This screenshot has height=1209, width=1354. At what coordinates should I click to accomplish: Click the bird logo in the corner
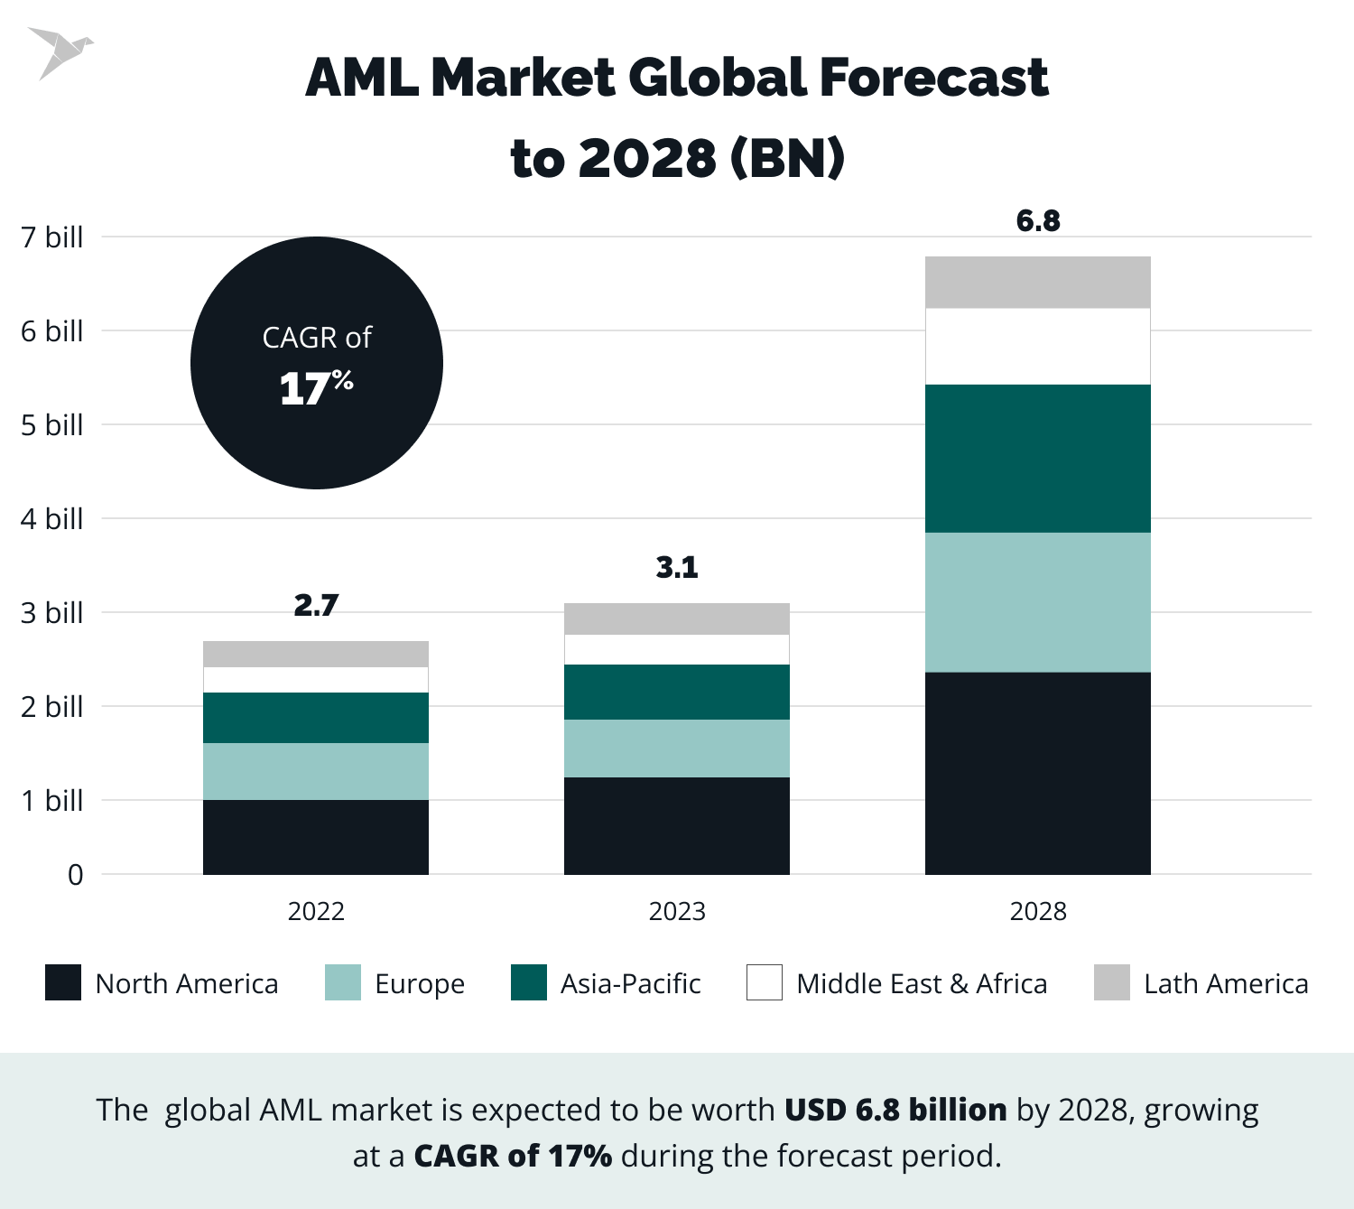coord(59,52)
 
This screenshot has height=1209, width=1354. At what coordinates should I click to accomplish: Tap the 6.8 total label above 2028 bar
coord(1038,220)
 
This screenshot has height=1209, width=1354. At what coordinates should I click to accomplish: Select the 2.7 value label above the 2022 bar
coord(316,605)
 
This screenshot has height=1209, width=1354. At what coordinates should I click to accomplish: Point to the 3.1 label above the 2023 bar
coord(677,567)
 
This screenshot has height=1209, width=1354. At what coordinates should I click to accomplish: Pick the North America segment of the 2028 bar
coord(1038,773)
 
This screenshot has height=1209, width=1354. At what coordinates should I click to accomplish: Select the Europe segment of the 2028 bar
coord(1038,602)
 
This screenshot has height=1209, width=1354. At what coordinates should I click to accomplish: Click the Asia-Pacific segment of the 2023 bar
coord(677,692)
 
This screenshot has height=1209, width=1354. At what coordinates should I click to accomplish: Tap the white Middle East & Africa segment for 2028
coord(1038,347)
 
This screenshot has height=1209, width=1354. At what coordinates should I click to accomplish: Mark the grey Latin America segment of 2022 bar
coord(316,654)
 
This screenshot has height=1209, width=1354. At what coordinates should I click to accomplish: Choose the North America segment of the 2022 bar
coord(316,837)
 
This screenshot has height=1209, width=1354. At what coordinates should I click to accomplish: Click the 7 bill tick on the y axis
coord(52,237)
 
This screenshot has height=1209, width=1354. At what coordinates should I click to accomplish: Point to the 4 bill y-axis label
coord(52,519)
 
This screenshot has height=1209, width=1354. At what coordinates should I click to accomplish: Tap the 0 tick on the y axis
coord(76,875)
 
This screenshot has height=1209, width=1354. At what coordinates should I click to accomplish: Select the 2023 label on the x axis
coord(677,911)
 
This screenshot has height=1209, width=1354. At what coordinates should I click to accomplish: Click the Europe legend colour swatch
coord(343,982)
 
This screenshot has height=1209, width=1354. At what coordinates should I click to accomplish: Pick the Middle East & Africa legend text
coord(922,983)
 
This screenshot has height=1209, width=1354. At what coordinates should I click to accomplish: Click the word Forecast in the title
coord(933,78)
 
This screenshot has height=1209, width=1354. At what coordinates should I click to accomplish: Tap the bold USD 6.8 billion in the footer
coord(895,1110)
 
